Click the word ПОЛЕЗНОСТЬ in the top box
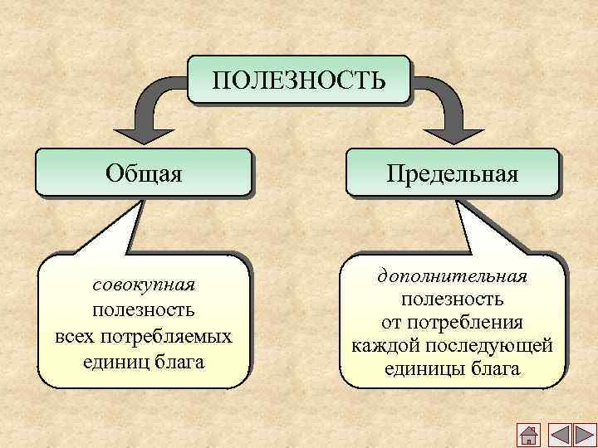(x=299, y=80)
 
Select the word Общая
(x=145, y=173)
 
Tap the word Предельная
(x=452, y=173)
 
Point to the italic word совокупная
(x=145, y=285)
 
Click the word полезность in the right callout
(x=453, y=298)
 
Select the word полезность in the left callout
(x=145, y=310)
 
